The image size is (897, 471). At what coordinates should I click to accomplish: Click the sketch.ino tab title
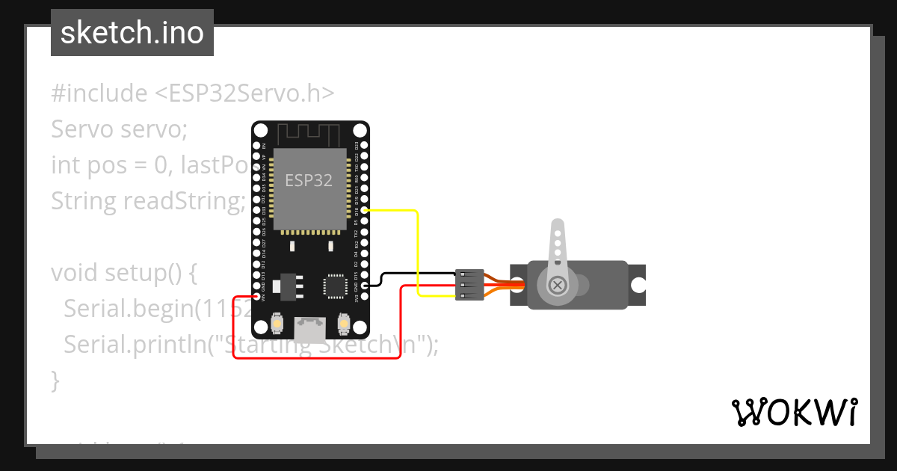click(132, 33)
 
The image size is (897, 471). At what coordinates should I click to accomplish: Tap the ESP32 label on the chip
click(309, 180)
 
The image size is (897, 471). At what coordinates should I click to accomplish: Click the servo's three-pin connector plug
click(469, 285)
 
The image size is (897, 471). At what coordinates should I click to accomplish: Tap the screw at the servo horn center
click(557, 285)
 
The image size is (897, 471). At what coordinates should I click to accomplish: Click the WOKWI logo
click(794, 412)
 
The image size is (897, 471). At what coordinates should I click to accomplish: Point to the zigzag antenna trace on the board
click(309, 134)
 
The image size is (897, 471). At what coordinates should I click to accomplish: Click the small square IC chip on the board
click(333, 286)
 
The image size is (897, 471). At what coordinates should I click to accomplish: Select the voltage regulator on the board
click(289, 285)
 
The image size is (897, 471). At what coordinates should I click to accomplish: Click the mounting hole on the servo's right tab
click(638, 285)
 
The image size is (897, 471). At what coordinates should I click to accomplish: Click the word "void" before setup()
click(75, 273)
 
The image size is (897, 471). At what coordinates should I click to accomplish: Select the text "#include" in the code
click(99, 93)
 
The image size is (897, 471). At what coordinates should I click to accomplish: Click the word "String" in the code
click(81, 201)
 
